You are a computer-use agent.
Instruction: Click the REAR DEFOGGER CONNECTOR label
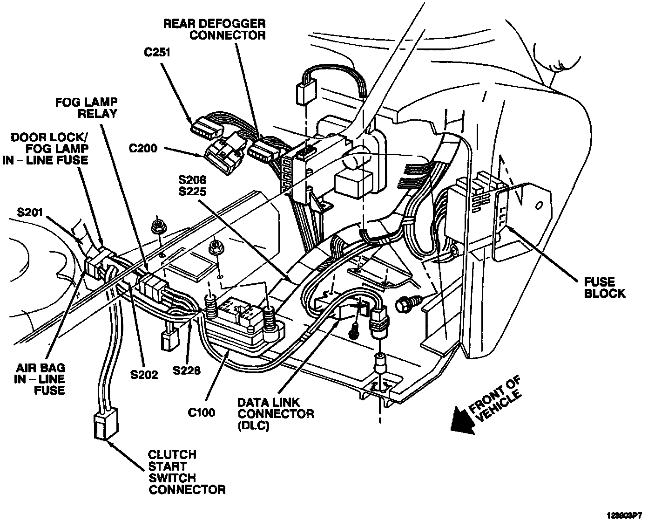click(214, 29)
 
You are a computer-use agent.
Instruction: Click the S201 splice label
click(30, 213)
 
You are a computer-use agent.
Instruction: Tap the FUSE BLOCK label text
click(604, 288)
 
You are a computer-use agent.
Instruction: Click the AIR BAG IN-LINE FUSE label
click(39, 379)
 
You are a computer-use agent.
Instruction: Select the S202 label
click(144, 374)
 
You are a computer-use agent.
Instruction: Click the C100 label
click(201, 412)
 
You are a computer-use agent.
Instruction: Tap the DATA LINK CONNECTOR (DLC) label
click(275, 413)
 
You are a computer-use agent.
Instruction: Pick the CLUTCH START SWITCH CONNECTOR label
click(186, 472)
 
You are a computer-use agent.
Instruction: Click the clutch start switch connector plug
click(105, 425)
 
